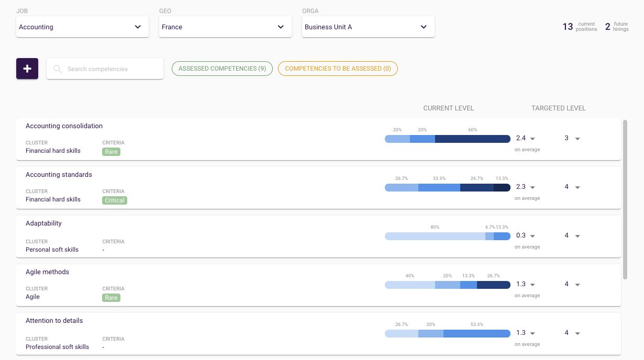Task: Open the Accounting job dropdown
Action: tap(82, 27)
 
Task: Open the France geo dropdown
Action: tap(225, 27)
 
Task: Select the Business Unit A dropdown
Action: tap(368, 27)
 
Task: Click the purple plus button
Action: tap(27, 69)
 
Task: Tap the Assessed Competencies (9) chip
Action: tap(222, 69)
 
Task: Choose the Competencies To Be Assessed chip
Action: tap(338, 69)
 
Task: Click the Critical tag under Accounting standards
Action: tap(115, 200)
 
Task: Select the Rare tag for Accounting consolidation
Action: tap(111, 152)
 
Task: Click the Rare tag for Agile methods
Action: tap(111, 298)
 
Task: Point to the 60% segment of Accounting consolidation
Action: tap(472, 139)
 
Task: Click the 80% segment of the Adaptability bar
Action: tap(435, 236)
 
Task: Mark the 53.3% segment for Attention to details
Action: tap(476, 333)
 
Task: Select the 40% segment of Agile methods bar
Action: tap(409, 285)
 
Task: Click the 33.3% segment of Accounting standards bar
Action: tap(439, 187)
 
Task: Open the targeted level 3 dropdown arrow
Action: tap(578, 139)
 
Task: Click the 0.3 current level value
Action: tap(521, 235)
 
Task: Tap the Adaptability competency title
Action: tap(43, 223)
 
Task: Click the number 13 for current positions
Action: tap(568, 27)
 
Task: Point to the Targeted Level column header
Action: tap(558, 108)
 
